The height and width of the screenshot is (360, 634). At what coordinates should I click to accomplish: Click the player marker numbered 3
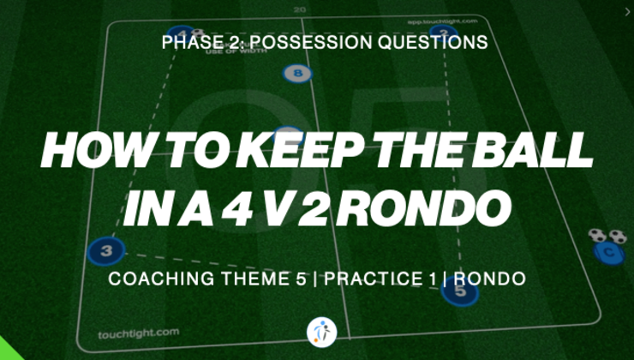106,250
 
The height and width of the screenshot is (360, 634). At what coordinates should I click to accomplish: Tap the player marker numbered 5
460,291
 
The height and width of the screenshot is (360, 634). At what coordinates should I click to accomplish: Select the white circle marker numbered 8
297,75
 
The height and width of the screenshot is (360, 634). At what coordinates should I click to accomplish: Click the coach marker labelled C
608,253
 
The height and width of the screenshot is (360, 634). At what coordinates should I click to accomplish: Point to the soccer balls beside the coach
607,235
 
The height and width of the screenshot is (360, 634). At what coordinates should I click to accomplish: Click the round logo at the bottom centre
320,332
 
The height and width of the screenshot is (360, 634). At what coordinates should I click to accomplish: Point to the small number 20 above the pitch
298,10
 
